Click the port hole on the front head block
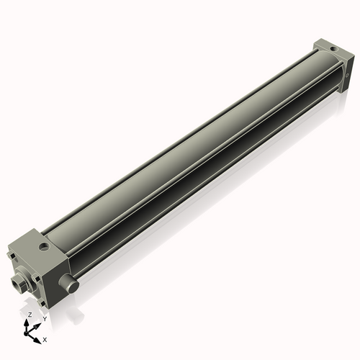45,247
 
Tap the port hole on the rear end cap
332,46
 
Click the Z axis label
30,315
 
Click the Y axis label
44,318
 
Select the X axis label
45,338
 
